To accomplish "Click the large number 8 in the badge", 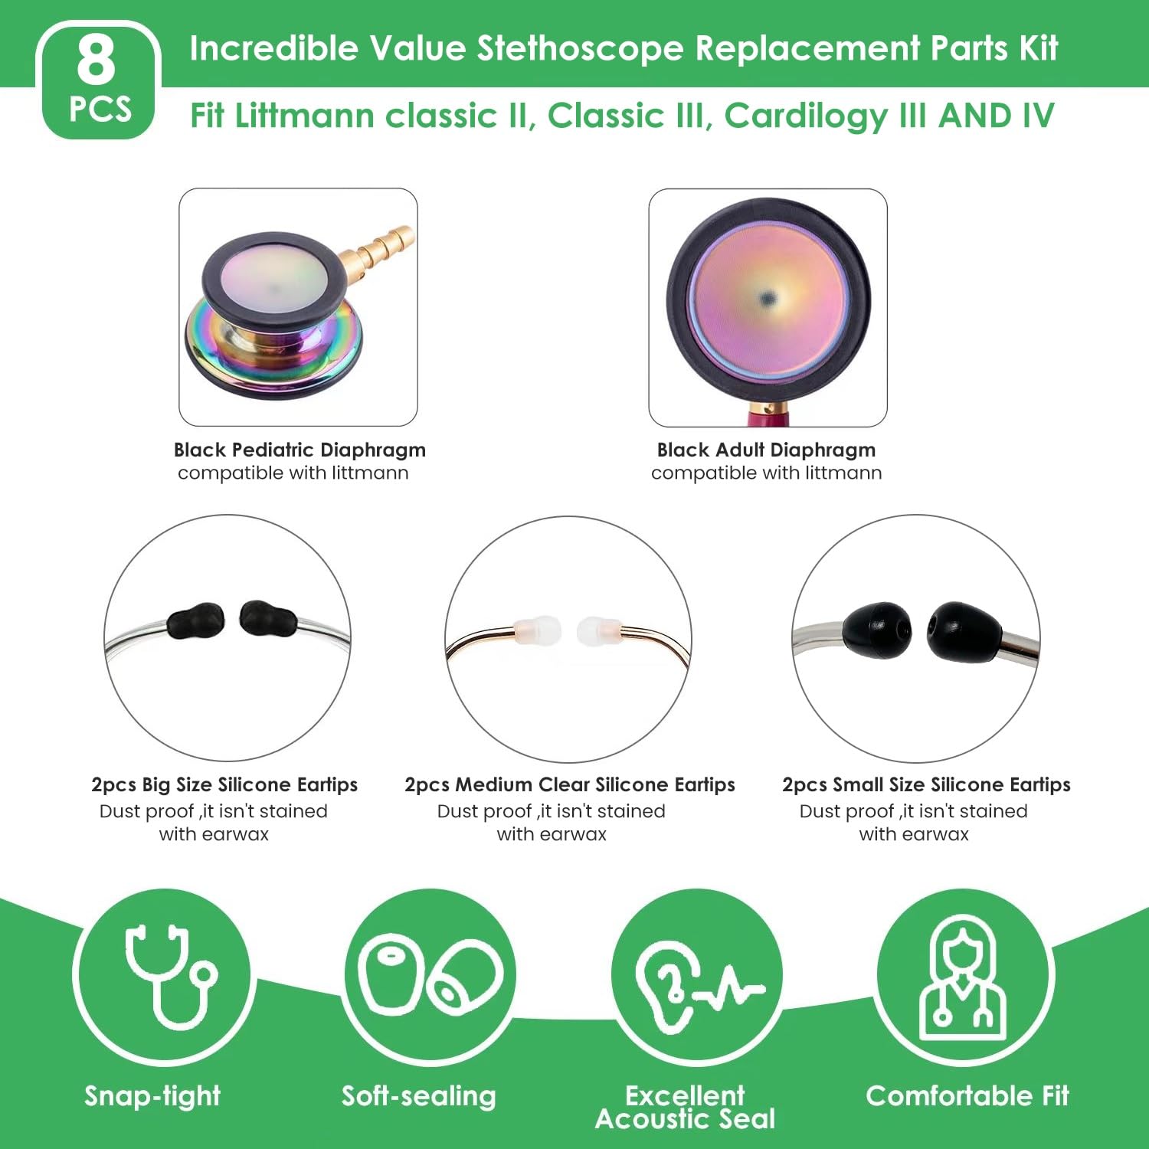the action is [96, 61].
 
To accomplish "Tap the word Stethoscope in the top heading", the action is [580, 48].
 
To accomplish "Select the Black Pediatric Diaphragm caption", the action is [300, 450].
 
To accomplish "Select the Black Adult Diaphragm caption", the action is [766, 450].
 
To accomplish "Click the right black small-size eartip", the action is [964, 630].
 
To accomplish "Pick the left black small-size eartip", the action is [877, 630].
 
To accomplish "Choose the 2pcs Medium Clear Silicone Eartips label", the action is [569, 785].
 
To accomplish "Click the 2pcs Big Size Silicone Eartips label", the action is [224, 785].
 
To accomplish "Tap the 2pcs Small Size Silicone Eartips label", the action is [926, 785].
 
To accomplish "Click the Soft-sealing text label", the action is [418, 1096].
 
